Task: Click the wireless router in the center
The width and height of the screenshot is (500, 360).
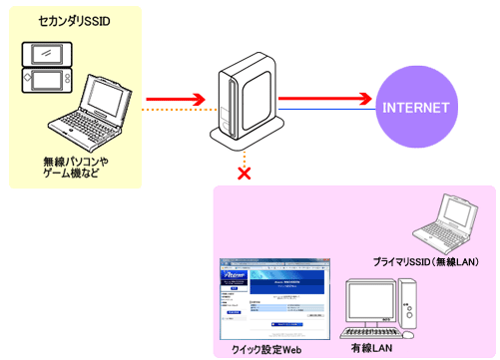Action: pyautogui.click(x=243, y=100)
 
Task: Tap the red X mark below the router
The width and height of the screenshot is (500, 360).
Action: pyautogui.click(x=243, y=173)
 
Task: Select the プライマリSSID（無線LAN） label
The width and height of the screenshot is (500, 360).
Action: pyautogui.click(x=426, y=261)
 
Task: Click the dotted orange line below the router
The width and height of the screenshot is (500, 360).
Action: pyautogui.click(x=243, y=156)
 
